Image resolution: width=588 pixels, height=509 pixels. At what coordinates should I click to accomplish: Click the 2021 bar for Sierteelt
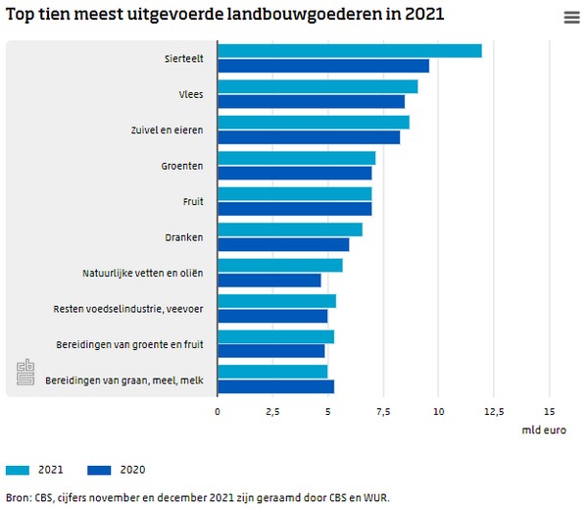[x=349, y=51]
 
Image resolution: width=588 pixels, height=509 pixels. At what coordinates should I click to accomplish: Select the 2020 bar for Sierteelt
[x=323, y=66]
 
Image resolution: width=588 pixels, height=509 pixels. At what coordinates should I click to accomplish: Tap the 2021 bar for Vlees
[x=318, y=86]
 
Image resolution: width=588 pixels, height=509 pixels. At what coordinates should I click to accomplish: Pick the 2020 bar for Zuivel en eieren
[x=309, y=137]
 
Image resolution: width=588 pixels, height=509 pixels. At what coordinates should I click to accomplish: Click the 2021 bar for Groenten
[x=296, y=158]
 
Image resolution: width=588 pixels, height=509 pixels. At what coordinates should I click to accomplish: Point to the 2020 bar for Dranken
[x=283, y=244]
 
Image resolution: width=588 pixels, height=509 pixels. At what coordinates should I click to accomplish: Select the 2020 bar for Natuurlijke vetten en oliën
[x=269, y=280]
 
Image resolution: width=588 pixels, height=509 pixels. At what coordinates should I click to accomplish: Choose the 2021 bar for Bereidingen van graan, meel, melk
[x=272, y=372]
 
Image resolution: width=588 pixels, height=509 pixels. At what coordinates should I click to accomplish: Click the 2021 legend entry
[x=39, y=469]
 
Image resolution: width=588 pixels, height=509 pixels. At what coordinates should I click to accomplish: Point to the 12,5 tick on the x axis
[x=494, y=411]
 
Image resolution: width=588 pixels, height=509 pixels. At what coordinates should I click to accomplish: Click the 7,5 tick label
[x=383, y=411]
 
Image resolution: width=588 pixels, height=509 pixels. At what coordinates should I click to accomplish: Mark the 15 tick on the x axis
[x=550, y=411]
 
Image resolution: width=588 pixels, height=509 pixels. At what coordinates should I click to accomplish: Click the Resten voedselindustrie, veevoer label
[x=128, y=309]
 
